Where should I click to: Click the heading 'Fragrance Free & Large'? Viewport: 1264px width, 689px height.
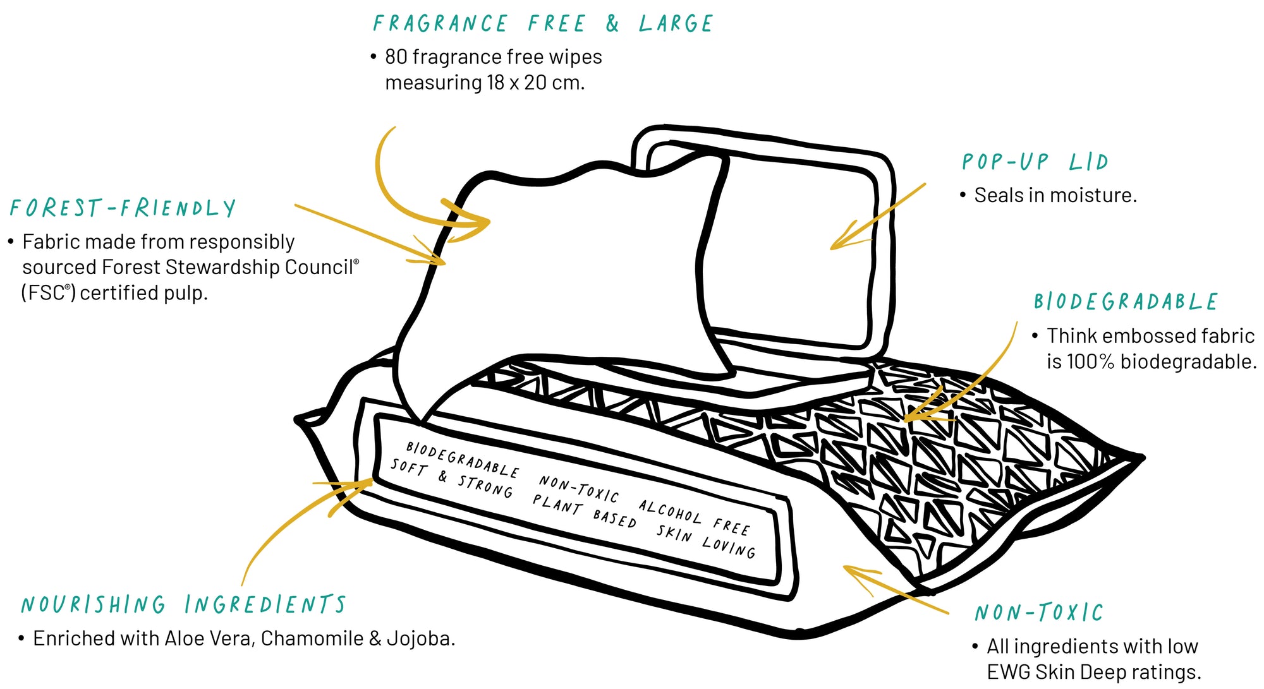pyautogui.click(x=542, y=24)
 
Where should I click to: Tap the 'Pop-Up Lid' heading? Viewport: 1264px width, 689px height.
pyautogui.click(x=1035, y=162)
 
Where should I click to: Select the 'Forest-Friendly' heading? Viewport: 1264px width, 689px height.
pyautogui.click(x=123, y=208)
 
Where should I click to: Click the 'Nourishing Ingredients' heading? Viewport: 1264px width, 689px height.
pyautogui.click(x=183, y=604)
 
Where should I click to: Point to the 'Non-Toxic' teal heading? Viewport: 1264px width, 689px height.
pyautogui.click(x=1038, y=612)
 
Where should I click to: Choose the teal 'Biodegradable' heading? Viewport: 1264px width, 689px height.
pyautogui.click(x=1126, y=301)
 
